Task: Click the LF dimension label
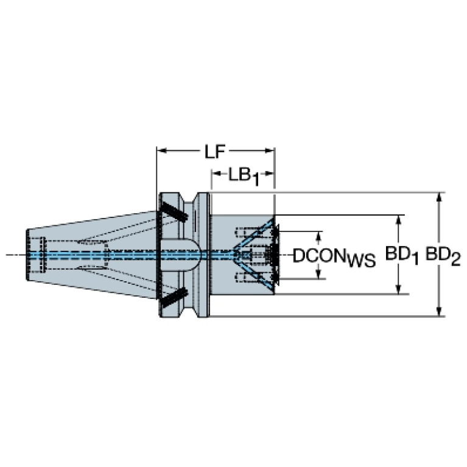click(214, 152)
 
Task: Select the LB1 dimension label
click(244, 177)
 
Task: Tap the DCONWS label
click(334, 257)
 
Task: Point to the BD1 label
click(402, 256)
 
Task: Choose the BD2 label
click(443, 256)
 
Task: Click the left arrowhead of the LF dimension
click(161, 151)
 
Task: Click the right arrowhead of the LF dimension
click(269, 151)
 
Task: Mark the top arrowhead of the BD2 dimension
click(438, 198)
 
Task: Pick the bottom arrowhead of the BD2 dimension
click(438, 311)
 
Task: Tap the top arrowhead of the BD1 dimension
click(398, 220)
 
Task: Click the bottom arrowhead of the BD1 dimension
click(398, 289)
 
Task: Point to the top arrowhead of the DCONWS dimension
click(319, 236)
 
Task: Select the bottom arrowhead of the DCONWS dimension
click(319, 274)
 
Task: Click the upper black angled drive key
click(175, 211)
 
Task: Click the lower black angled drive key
click(175, 298)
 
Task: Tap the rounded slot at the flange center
click(181, 255)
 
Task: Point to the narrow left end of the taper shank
click(28, 255)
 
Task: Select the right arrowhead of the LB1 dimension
click(269, 174)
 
